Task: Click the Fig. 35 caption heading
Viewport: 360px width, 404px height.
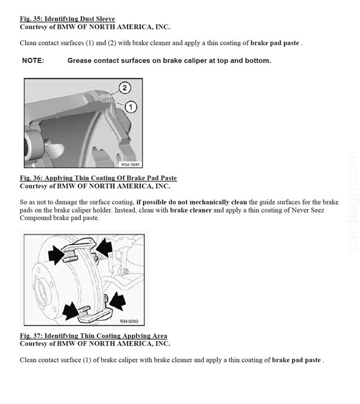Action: pyautogui.click(x=67, y=19)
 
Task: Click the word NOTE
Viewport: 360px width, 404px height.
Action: pyautogui.click(x=33, y=60)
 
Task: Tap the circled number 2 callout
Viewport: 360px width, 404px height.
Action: pyautogui.click(x=125, y=88)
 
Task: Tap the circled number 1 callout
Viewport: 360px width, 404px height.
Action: pyautogui.click(x=131, y=107)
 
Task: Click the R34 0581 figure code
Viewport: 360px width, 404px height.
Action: pyautogui.click(x=131, y=164)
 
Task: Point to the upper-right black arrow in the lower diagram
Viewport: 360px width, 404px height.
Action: pyautogui.click(x=104, y=246)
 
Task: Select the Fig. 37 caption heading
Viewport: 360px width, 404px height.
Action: pyautogui.click(x=94, y=336)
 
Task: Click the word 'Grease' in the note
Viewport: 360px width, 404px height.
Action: pyautogui.click(x=80, y=60)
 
